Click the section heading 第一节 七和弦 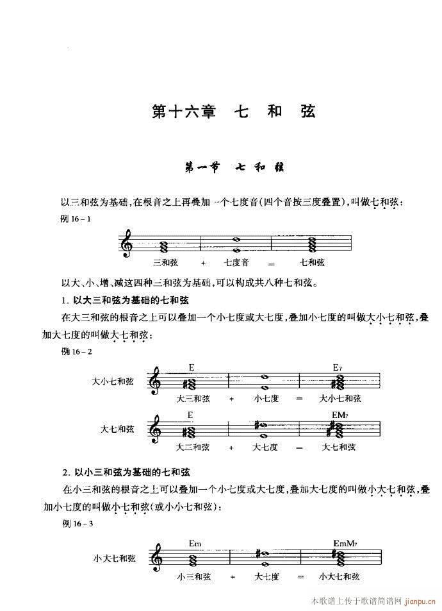coord(234,169)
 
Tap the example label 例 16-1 coord(76,219)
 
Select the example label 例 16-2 coord(77,351)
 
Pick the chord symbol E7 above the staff coord(338,367)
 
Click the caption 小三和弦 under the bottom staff coord(194,576)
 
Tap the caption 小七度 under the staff coord(265,399)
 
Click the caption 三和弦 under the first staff coord(165,263)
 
